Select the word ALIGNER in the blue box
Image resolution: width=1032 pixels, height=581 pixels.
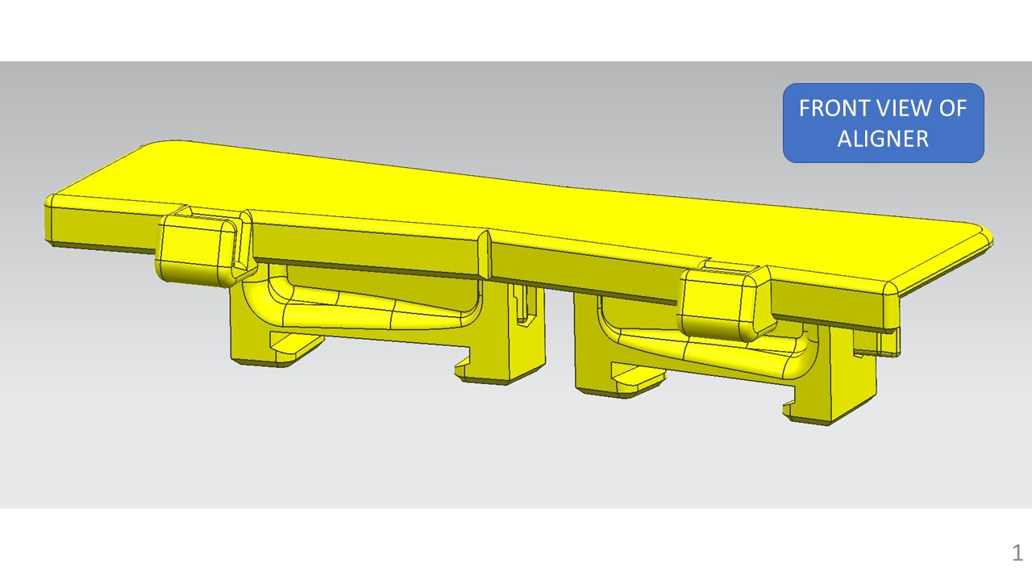(x=883, y=139)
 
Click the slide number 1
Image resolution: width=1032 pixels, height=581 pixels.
(x=1017, y=553)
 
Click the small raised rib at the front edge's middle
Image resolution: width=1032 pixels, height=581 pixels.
(x=485, y=253)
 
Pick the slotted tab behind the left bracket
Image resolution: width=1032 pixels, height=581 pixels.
(x=525, y=305)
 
